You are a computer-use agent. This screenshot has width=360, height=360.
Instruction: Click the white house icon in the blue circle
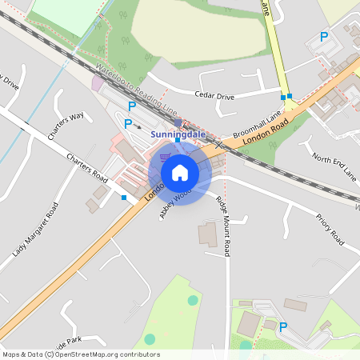coord(180,172)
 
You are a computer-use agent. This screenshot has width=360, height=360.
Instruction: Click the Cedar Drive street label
coord(214,95)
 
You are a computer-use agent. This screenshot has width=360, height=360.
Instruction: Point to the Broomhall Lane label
coord(258,122)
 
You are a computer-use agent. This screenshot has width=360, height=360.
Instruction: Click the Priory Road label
coord(329,229)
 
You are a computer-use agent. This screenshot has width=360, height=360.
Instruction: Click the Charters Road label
coord(87,166)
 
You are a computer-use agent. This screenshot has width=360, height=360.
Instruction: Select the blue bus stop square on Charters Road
coord(124,198)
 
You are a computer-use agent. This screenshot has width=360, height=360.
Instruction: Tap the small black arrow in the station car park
coord(138,126)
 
